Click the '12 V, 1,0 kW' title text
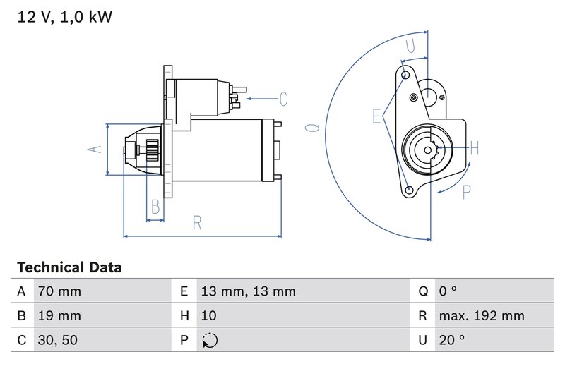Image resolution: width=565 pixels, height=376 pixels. (x=64, y=17)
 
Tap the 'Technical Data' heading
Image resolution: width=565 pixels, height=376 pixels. (x=69, y=267)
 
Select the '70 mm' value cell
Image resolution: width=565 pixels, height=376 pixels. (x=59, y=291)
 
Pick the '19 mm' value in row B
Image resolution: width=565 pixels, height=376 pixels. (x=59, y=315)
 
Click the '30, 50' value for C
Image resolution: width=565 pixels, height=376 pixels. (x=58, y=340)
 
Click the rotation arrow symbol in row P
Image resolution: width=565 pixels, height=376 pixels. (x=209, y=340)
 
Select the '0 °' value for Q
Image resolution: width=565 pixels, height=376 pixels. (x=448, y=291)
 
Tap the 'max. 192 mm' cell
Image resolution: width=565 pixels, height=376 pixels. (x=481, y=315)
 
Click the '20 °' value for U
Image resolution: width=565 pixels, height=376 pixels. (x=452, y=340)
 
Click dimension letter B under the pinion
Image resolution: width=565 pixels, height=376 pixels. (x=155, y=207)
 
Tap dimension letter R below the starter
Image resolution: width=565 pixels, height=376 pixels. (x=198, y=223)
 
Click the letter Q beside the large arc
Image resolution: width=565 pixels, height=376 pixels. (x=311, y=128)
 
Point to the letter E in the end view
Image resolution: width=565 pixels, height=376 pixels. (x=377, y=116)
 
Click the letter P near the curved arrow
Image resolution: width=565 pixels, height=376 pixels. (x=466, y=192)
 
